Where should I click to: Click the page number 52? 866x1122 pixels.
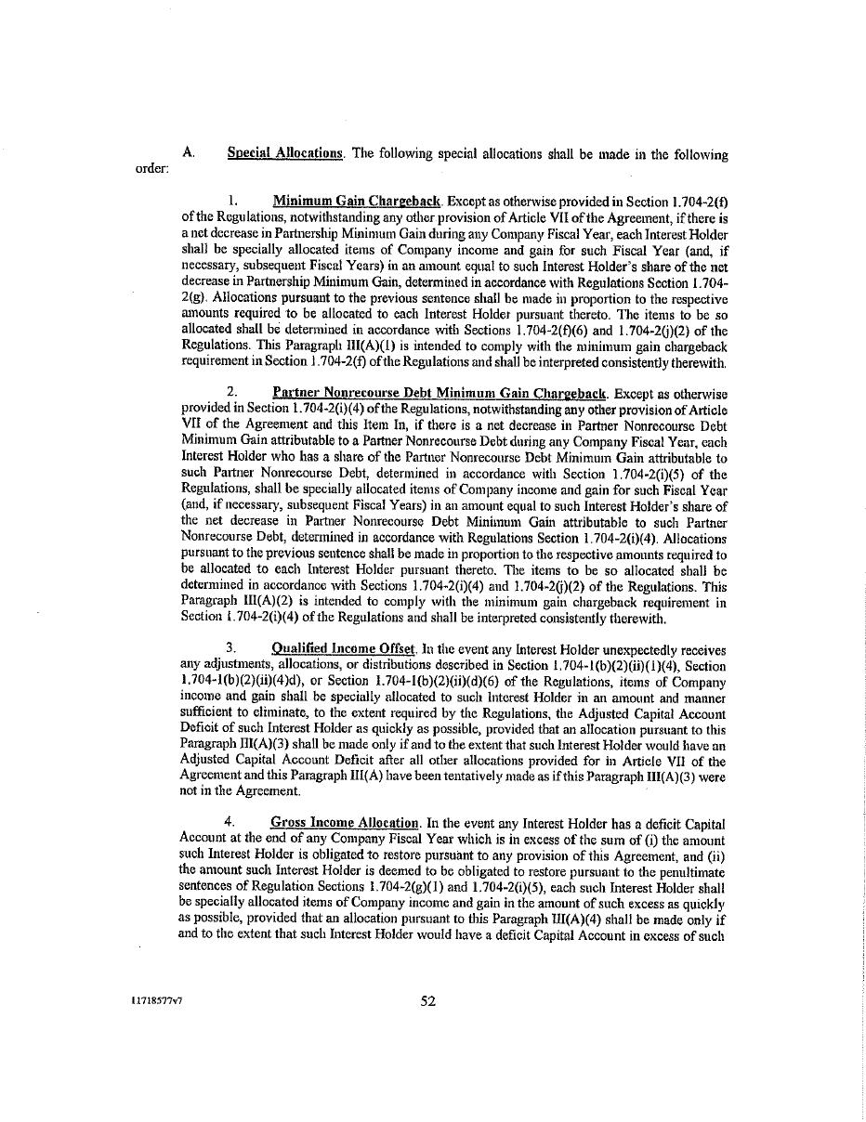[x=428, y=1000]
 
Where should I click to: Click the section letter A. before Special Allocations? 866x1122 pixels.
[x=189, y=154]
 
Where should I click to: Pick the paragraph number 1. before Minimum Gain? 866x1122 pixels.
[x=234, y=201]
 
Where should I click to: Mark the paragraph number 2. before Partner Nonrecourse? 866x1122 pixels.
[x=233, y=394]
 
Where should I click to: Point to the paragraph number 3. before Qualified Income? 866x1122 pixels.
[x=232, y=649]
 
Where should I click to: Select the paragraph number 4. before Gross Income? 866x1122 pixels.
[x=231, y=823]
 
